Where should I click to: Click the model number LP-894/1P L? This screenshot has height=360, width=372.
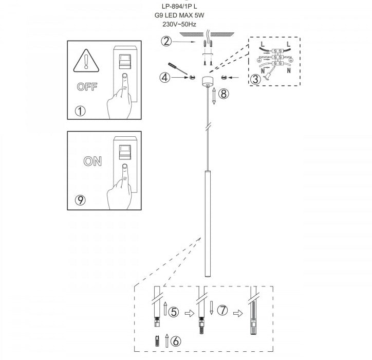point(179,7)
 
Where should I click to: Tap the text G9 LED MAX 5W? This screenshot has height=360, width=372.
point(179,15)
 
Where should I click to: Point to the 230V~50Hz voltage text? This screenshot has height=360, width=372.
point(179,24)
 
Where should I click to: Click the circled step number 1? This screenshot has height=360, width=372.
point(80,111)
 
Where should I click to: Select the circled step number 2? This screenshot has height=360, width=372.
point(166,41)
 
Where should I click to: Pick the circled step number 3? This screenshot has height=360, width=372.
point(255,79)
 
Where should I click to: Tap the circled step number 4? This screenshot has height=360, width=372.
point(165,78)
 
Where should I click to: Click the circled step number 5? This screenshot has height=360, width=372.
point(174,312)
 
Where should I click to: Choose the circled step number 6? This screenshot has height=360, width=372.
point(176,341)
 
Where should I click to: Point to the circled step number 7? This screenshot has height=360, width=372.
point(222,310)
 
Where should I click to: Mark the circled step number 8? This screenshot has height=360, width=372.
point(224,94)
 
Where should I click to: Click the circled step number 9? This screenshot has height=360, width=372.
point(80,200)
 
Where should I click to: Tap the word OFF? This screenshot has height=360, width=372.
point(87,87)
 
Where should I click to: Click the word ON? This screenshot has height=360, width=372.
point(92,161)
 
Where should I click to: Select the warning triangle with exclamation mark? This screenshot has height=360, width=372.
point(86,61)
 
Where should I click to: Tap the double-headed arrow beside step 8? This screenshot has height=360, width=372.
point(214,96)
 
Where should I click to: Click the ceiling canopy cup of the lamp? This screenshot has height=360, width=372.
point(208,81)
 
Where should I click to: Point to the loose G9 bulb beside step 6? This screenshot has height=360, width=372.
point(157,341)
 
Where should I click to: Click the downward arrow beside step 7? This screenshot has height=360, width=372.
point(211,308)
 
